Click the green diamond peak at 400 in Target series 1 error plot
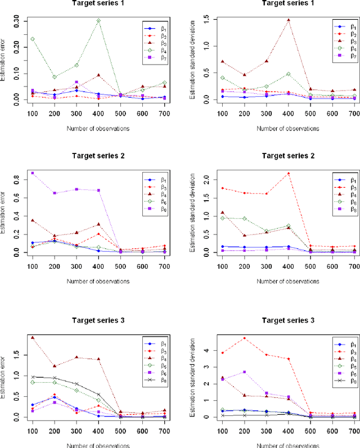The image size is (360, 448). [x=98, y=21]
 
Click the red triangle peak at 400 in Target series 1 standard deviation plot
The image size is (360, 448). [x=289, y=20]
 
